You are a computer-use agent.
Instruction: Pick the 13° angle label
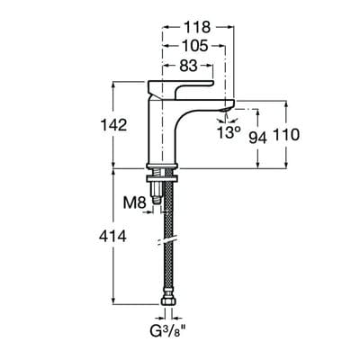tap(228, 132)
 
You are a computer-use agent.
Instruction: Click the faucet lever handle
tap(193, 84)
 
